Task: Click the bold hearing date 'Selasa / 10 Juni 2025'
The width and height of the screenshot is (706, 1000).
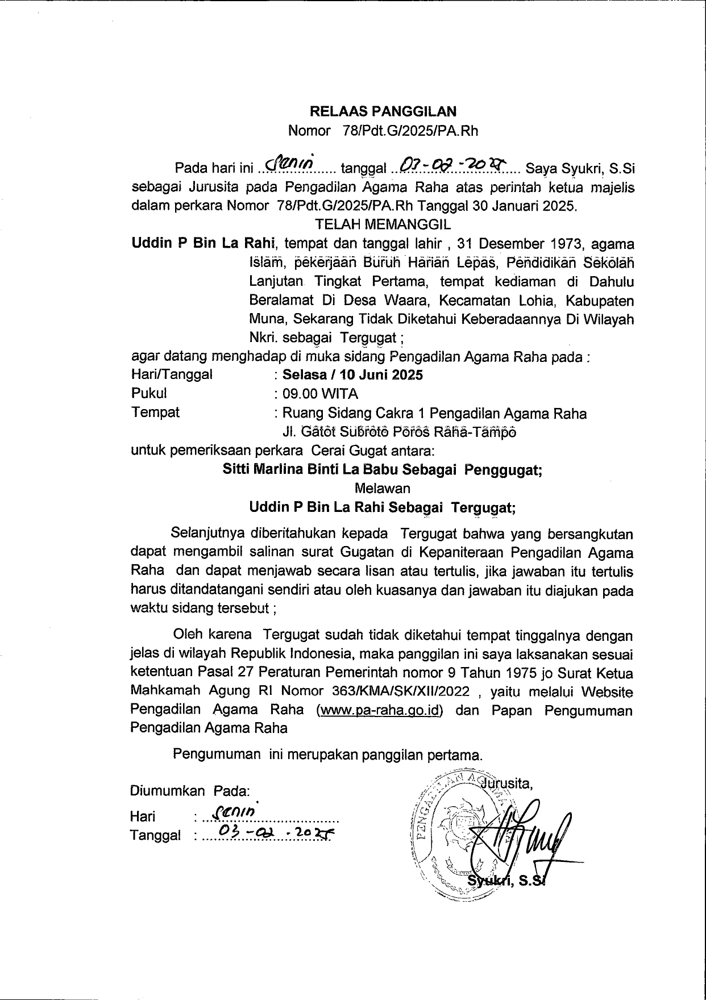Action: [x=352, y=375]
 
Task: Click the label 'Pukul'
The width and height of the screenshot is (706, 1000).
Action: [x=149, y=393]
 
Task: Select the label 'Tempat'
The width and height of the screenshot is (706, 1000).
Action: [x=155, y=412]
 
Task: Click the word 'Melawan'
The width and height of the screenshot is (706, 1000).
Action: [x=382, y=488]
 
